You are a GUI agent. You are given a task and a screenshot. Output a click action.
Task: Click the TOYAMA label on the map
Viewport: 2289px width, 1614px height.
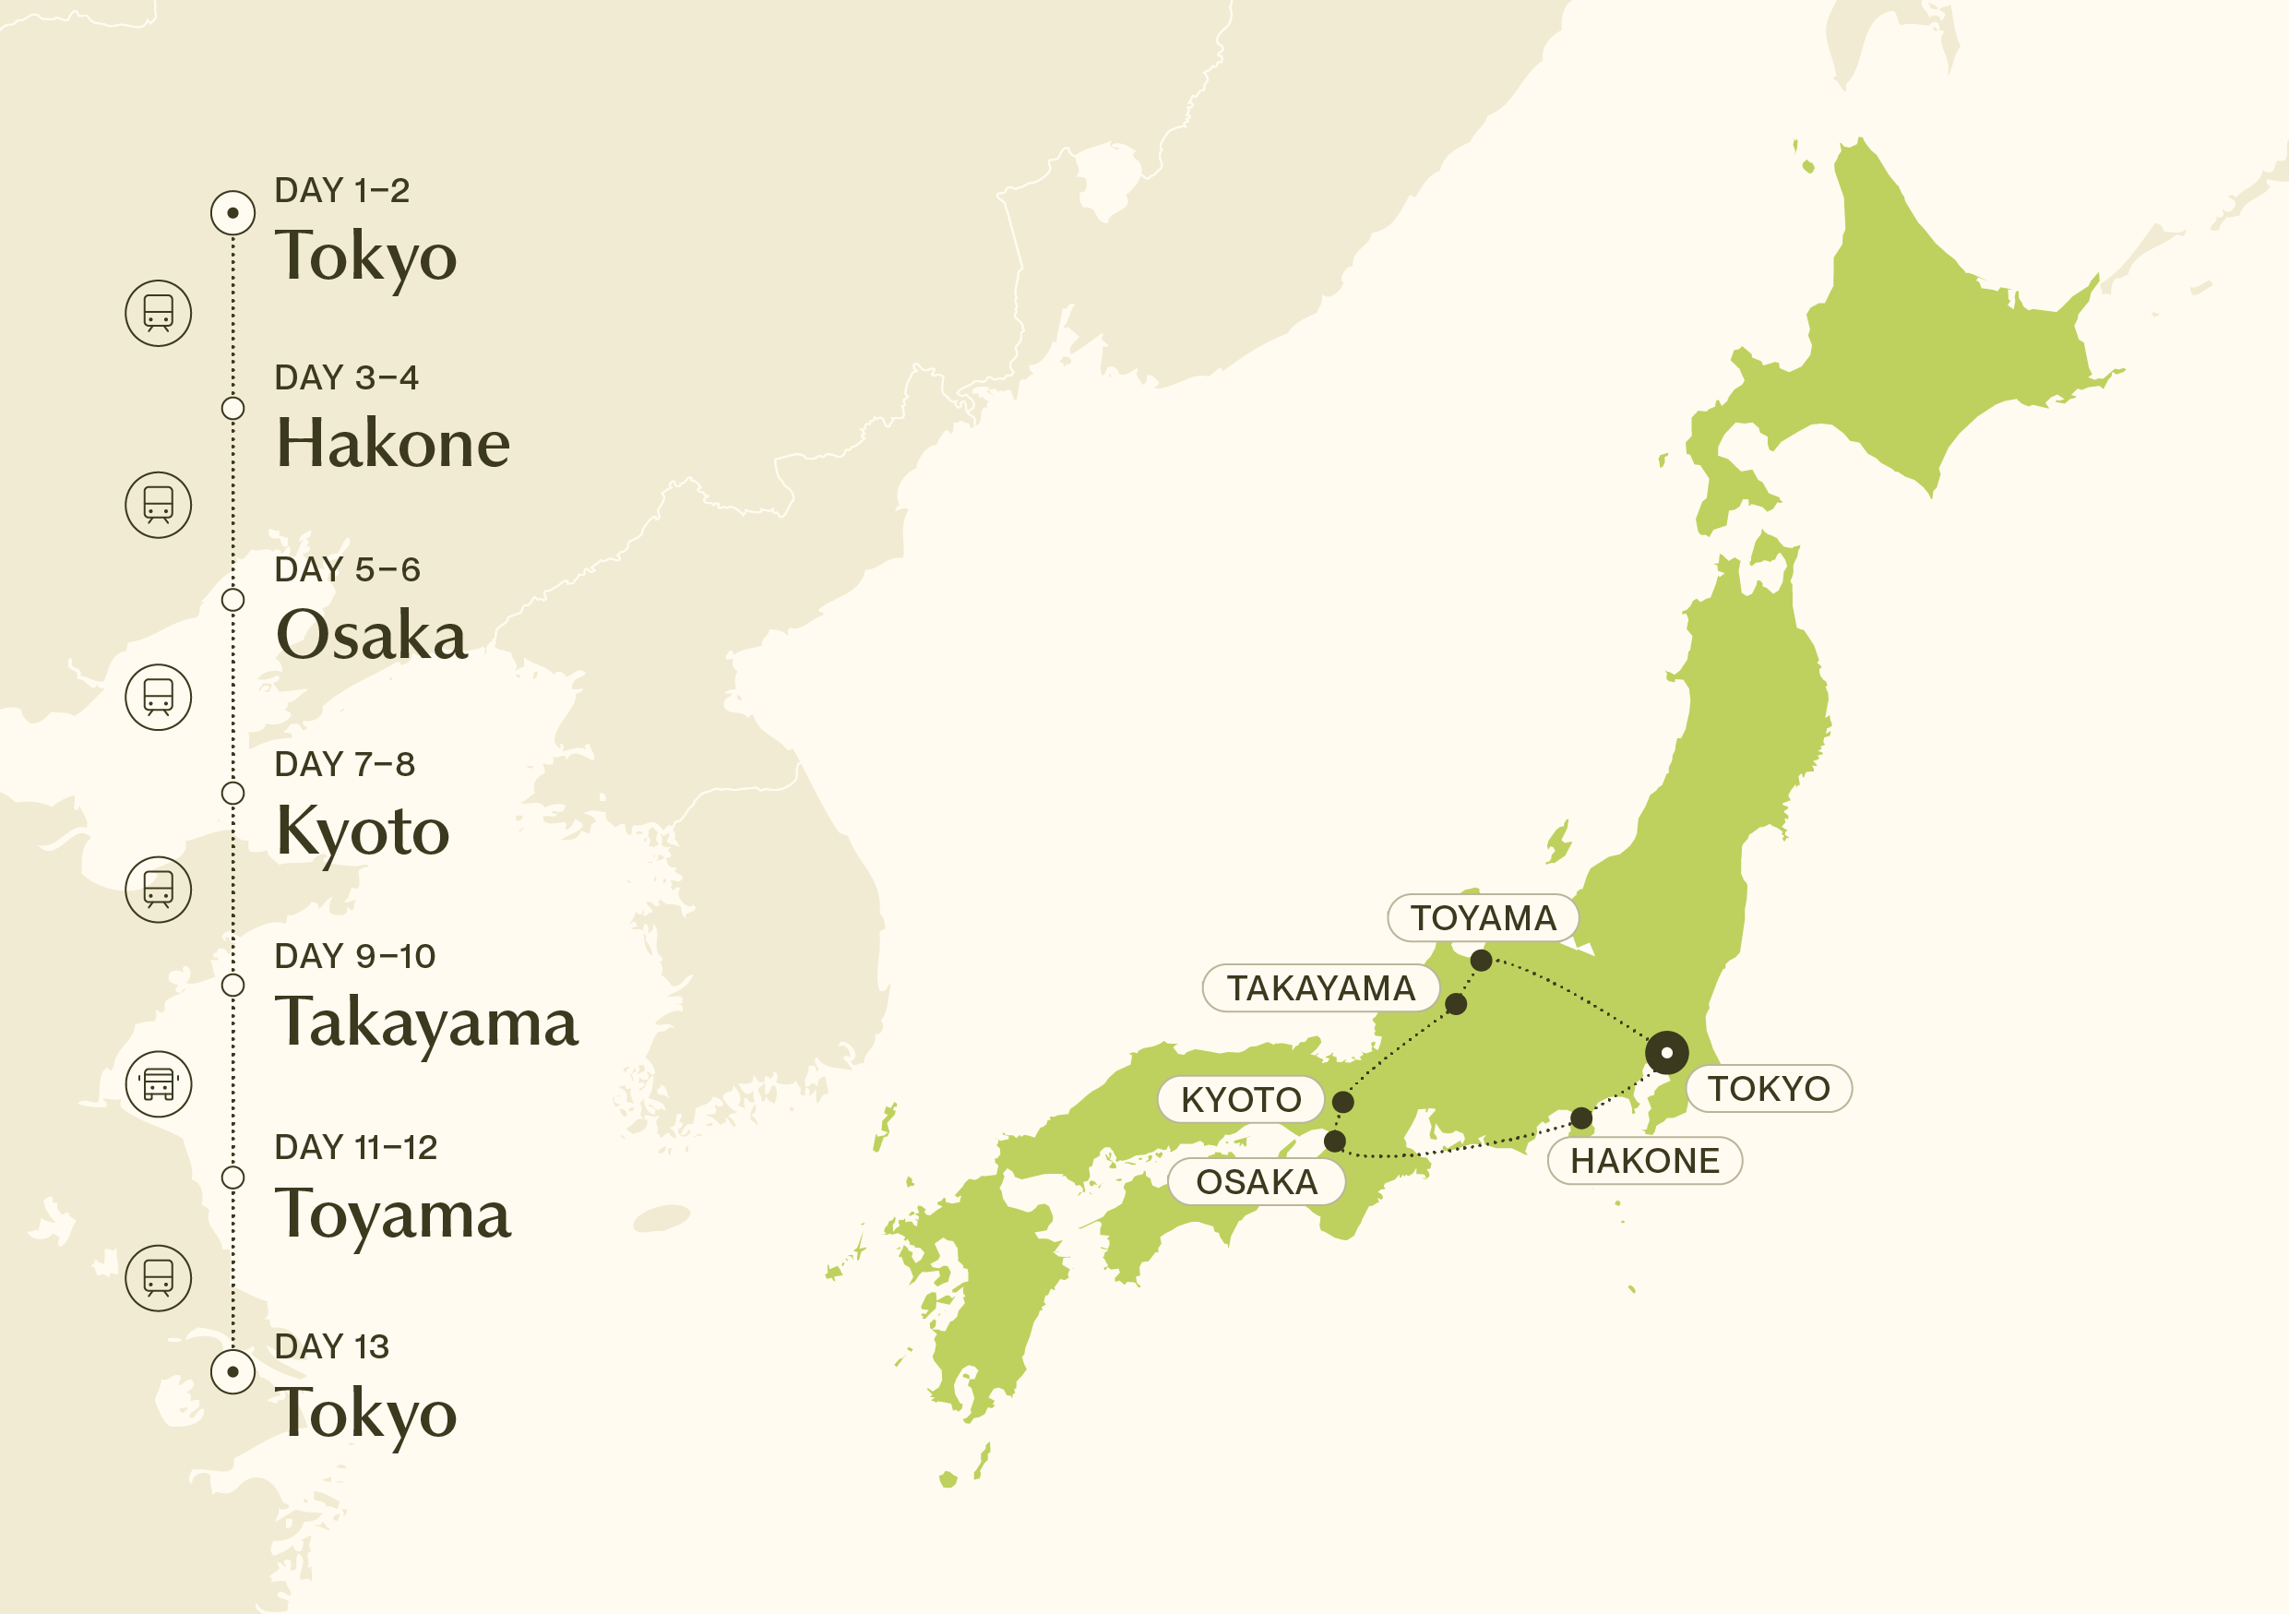pos(1483,918)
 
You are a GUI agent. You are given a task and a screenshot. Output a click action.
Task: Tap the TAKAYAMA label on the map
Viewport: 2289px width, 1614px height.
pos(1320,988)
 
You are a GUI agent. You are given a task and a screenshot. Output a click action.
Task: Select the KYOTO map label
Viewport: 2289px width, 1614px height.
pos(1240,1100)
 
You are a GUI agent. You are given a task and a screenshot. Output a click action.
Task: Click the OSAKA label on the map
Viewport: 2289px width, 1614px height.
pos(1257,1182)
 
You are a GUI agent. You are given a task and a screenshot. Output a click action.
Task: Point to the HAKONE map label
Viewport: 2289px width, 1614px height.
pos(1644,1160)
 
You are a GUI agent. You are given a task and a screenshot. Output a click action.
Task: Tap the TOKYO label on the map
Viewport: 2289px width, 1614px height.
pos(1769,1089)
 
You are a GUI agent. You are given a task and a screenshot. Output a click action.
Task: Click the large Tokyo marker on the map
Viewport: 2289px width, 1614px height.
pos(1667,1053)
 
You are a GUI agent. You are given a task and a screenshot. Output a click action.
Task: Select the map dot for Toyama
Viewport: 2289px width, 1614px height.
pos(1482,961)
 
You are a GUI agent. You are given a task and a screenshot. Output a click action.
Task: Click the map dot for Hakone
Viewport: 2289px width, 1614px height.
pos(1581,1118)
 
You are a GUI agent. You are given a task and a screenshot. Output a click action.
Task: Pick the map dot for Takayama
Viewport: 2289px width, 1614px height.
pos(1456,1004)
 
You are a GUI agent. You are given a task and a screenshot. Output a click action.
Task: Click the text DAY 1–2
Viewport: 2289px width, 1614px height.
pos(342,190)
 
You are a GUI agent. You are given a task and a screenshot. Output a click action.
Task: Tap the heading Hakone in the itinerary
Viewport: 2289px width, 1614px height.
pos(393,443)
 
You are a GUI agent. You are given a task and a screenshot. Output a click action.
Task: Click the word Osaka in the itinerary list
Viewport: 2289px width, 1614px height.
pos(371,635)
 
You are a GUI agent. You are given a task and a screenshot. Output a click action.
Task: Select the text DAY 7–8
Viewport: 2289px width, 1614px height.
pos(344,765)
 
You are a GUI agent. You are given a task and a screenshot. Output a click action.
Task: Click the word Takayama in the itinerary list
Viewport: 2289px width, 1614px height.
pos(426,1022)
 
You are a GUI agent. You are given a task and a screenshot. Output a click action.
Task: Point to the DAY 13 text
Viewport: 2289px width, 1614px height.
pos(331,1346)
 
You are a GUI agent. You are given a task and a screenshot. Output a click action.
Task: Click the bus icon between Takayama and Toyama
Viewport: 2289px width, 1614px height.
pos(159,1083)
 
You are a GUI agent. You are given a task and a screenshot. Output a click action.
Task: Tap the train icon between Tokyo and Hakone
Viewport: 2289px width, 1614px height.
pos(159,313)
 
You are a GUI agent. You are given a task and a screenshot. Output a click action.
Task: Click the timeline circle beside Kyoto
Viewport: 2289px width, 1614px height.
pos(232,794)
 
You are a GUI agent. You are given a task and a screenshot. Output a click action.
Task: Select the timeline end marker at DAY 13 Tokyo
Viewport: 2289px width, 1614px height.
pos(232,1371)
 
